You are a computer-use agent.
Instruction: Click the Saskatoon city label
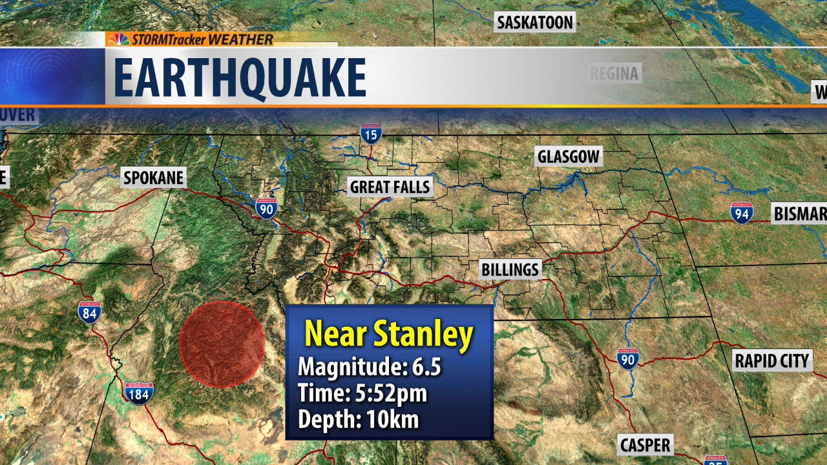pos(534,23)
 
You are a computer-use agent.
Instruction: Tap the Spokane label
pos(154,178)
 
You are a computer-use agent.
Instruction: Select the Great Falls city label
pos(390,187)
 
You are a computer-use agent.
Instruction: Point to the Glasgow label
pos(569,156)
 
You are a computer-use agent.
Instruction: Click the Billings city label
pos(510,269)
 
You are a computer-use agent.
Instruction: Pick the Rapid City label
pos(771,360)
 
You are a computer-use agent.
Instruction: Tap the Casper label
pos(645,445)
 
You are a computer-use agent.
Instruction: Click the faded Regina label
pos(614,74)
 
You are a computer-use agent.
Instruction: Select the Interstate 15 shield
pos(371,134)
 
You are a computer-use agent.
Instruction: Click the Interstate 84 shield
pos(89,311)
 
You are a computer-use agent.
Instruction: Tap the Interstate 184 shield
pos(138,392)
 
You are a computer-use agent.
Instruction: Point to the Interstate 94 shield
pos(742,212)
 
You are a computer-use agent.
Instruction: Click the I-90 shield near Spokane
pos(266,207)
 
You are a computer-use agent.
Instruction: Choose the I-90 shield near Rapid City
pos(627,358)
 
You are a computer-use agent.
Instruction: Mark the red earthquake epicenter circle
pos(222,344)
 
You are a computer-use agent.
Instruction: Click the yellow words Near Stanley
pos(388,335)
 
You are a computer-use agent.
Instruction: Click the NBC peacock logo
pos(118,39)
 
